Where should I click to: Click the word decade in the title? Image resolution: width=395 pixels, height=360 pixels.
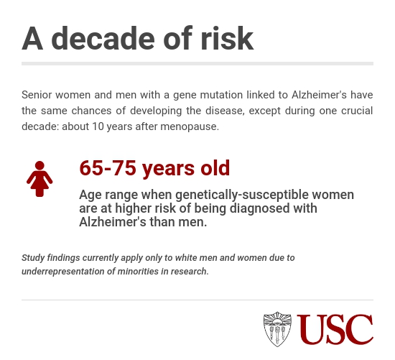[103, 38]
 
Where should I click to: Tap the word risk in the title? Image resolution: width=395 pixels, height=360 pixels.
[227, 38]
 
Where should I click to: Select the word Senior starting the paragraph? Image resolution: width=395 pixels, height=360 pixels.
[37, 95]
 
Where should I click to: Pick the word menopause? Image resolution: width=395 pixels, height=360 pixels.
[190, 126]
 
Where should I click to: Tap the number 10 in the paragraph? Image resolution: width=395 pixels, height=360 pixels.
[98, 126]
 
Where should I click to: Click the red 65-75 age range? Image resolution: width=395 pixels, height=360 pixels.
[108, 167]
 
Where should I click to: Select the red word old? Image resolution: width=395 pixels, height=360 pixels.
[215, 167]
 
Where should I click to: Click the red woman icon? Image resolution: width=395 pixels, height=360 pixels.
[39, 179]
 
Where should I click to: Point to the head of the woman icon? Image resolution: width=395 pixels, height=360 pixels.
[39, 166]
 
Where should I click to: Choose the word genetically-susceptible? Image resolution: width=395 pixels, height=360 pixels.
[242, 195]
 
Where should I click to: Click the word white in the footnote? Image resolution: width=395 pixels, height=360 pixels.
[186, 258]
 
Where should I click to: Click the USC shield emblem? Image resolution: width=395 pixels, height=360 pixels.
[277, 329]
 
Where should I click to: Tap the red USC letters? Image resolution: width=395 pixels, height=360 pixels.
[335, 329]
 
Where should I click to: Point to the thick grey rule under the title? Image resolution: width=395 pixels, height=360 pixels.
[197, 63]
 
